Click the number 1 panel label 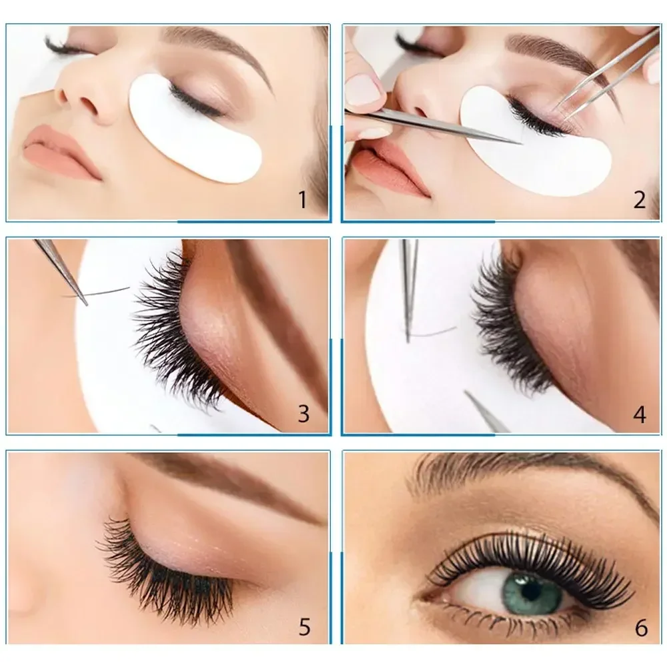(x=302, y=199)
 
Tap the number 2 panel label (x=640, y=199)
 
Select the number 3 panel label (x=303, y=414)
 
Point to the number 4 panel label (x=640, y=414)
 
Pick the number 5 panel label (x=304, y=627)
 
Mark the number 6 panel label (x=641, y=628)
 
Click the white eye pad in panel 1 (x=193, y=133)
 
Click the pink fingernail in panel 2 (x=364, y=89)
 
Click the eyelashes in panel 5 (x=167, y=574)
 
